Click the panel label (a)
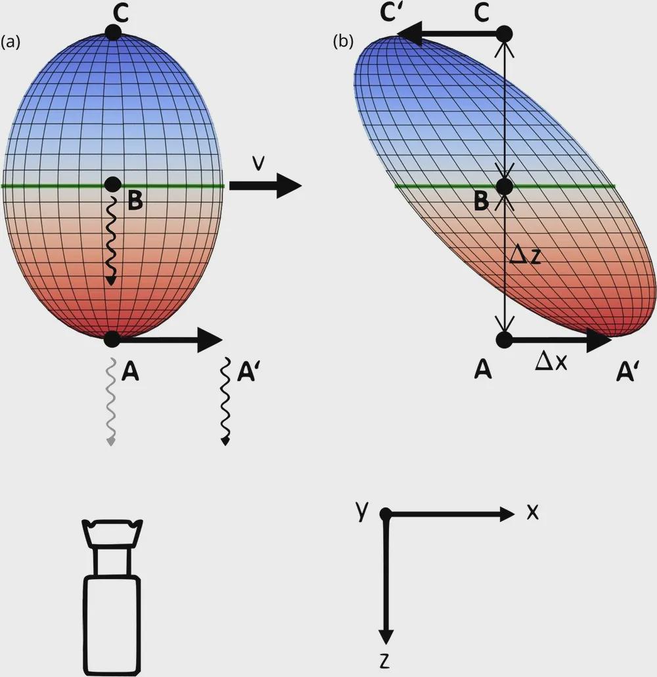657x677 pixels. [x=11, y=42]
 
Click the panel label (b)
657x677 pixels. [x=343, y=41]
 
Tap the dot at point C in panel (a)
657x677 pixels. [x=112, y=33]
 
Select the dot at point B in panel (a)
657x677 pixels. [x=112, y=185]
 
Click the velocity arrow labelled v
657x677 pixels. [x=265, y=185]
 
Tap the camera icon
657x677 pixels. [x=112, y=596]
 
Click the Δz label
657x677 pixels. [x=525, y=256]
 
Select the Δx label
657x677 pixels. [x=551, y=362]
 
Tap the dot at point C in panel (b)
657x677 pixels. [x=504, y=34]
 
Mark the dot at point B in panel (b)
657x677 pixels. [x=504, y=187]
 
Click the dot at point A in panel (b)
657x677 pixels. [x=504, y=340]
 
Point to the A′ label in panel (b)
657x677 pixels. [x=627, y=372]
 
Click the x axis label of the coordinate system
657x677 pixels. [x=533, y=513]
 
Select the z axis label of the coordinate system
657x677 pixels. [x=384, y=661]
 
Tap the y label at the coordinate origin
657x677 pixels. [x=363, y=511]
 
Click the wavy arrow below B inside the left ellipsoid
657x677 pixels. [x=111, y=240]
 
